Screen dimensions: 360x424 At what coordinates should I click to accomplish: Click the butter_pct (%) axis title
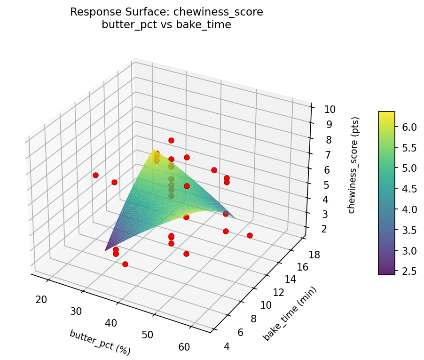pos(100,342)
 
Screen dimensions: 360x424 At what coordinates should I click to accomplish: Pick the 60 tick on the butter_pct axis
pos(184,347)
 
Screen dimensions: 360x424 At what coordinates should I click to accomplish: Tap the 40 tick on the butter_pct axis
pos(111,323)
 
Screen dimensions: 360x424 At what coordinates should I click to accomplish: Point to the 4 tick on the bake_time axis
pos(227,347)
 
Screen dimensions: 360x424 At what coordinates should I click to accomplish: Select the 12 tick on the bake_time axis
pos(278,292)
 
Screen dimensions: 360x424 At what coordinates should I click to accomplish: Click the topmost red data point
pos(171,140)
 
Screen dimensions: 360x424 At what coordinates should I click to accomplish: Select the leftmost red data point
pos(95,175)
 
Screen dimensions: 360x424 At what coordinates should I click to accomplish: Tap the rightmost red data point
pos(250,235)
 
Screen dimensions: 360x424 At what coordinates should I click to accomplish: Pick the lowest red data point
pos(125,264)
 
